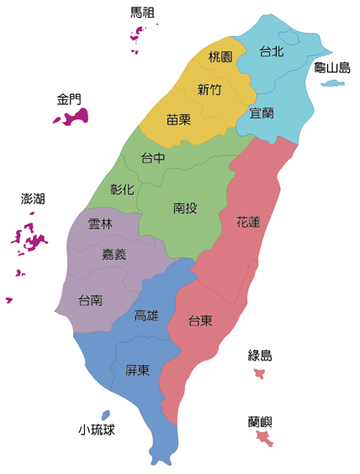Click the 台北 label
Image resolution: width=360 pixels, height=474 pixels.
[x=272, y=51]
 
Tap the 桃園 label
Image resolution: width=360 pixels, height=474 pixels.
[x=220, y=57]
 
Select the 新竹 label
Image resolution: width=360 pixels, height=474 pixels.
[x=209, y=89]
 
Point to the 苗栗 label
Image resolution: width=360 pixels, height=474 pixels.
[x=177, y=120]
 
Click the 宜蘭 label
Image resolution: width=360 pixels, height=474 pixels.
[x=262, y=113]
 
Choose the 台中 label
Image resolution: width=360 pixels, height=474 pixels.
[x=152, y=158]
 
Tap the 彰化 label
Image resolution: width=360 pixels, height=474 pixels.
[x=122, y=189]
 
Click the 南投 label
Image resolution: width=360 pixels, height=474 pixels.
[x=185, y=208]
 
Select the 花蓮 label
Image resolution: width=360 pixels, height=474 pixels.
[x=248, y=223]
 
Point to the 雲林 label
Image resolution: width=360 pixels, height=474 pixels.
[x=99, y=224]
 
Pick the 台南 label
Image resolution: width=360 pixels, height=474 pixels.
[x=90, y=300]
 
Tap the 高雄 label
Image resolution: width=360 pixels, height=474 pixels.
[x=146, y=316]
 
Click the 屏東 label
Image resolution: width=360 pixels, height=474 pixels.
[x=137, y=370]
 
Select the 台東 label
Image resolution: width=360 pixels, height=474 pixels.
[x=199, y=320]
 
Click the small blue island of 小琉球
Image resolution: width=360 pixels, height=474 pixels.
[x=105, y=414]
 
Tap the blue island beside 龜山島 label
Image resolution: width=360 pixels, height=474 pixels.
[x=334, y=83]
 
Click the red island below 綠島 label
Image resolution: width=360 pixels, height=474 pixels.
[x=259, y=373]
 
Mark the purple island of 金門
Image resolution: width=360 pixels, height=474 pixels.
[x=71, y=116]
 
